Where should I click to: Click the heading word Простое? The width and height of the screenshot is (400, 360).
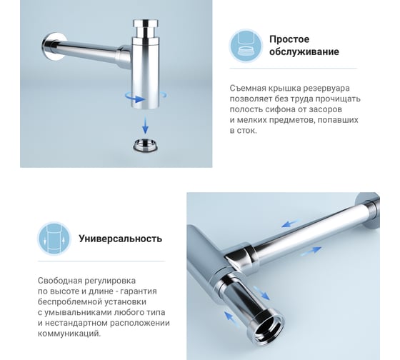pyautogui.click(x=289, y=39)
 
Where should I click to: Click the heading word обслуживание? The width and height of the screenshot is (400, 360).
pyautogui.click(x=304, y=52)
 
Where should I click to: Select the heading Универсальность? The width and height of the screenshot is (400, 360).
pyautogui.click(x=120, y=239)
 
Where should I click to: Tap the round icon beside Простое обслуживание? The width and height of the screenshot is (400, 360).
pyautogui.click(x=245, y=46)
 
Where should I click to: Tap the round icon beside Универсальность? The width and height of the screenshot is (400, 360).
pyautogui.click(x=54, y=239)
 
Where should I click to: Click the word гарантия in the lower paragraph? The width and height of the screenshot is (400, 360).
pyautogui.click(x=138, y=291)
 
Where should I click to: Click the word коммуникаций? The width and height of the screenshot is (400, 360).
pyautogui.click(x=69, y=334)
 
